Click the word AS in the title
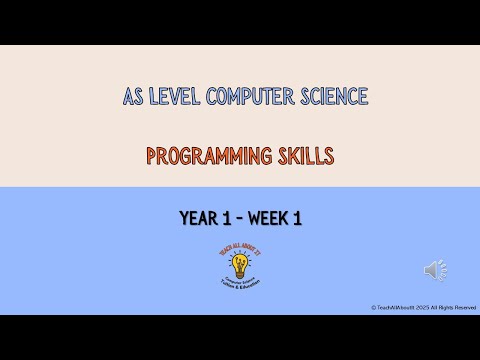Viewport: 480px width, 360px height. [x=132, y=97]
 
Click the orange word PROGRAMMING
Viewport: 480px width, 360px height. [x=207, y=156]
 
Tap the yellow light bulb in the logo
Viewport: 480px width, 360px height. [x=239, y=263]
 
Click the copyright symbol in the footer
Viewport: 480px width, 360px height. [x=373, y=307]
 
